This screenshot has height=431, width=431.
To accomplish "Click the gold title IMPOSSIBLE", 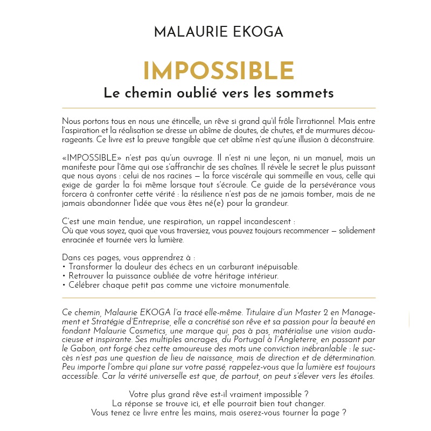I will click(218, 71).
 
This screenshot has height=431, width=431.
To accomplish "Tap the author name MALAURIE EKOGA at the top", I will click(218, 32).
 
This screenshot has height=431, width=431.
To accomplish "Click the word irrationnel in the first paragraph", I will click(316, 121).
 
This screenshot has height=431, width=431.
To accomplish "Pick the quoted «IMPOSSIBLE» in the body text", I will click(89, 159).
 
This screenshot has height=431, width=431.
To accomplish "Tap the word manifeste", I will click(81, 168).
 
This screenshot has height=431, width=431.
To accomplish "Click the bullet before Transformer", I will click(64, 267).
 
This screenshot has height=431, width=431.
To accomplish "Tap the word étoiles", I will click(360, 377).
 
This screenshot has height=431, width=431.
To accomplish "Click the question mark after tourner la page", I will click(343, 413).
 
